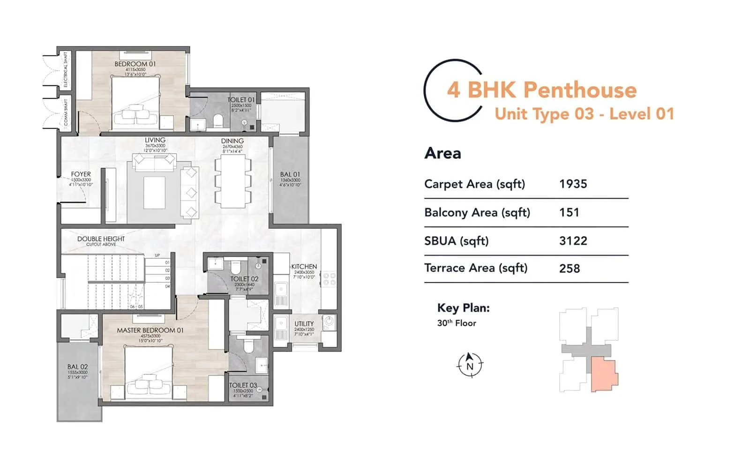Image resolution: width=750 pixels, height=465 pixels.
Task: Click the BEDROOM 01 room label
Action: [x=135, y=64]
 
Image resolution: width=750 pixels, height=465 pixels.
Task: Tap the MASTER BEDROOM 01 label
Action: [x=150, y=330]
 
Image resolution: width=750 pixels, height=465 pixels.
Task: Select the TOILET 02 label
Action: [x=244, y=279]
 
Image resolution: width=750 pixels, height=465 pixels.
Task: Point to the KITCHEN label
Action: [x=304, y=266]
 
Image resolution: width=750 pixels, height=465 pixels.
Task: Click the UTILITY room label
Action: [x=304, y=323]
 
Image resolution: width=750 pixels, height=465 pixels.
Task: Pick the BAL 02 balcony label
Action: [x=77, y=367]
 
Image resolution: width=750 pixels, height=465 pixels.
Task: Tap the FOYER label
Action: [x=81, y=174]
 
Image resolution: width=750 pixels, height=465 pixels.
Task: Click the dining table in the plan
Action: [x=233, y=181]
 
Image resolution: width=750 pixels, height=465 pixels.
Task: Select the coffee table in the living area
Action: [x=154, y=192]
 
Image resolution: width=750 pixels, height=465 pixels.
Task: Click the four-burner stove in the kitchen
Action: [x=329, y=279]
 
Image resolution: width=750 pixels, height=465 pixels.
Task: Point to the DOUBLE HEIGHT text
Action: [x=101, y=239]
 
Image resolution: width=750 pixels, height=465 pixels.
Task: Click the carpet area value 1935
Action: [x=573, y=184]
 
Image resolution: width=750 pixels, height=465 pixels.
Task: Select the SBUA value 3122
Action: [x=573, y=241]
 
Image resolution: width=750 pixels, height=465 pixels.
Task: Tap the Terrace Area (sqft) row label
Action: [x=475, y=268]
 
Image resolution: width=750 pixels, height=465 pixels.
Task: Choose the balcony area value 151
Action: [x=569, y=212]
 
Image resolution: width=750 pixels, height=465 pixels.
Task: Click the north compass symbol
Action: [x=470, y=365]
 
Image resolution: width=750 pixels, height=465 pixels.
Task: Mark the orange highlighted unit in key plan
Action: [x=603, y=375]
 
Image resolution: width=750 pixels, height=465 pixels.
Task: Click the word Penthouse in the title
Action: [x=580, y=90]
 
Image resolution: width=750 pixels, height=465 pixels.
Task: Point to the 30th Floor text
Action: [x=456, y=323]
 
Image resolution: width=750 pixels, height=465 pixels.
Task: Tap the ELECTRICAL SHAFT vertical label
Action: [x=66, y=69]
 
